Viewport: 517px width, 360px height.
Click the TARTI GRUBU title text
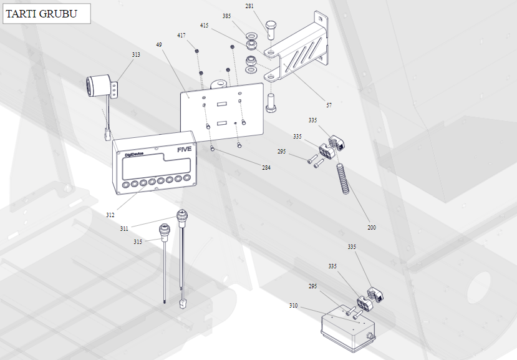[x=42, y=13]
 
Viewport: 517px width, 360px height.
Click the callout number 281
[x=249, y=6]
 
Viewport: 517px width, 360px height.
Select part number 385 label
[x=226, y=16]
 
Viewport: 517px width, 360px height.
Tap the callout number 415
[x=205, y=26]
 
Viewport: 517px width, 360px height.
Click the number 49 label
[x=159, y=45]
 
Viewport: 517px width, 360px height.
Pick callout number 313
[x=136, y=55]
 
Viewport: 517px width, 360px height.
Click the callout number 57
[x=329, y=105]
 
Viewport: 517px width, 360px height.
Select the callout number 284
[x=266, y=167]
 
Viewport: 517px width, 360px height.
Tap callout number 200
[x=372, y=228]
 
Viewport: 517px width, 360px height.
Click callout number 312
[x=110, y=215]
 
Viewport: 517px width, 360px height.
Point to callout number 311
[x=124, y=229]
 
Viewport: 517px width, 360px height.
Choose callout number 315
[x=137, y=241]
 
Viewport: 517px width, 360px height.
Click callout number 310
[x=293, y=306]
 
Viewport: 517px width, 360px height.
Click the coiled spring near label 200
[x=342, y=178]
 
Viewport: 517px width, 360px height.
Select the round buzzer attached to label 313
[x=97, y=85]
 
